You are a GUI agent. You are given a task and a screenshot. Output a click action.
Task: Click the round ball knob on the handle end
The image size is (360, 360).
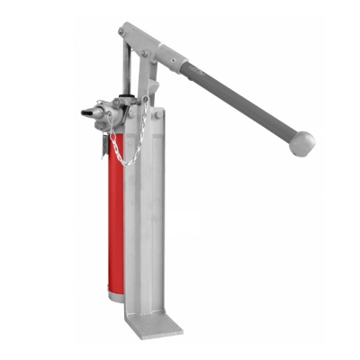point(303,142)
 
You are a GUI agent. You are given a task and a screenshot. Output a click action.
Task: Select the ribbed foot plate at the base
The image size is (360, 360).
point(154,323)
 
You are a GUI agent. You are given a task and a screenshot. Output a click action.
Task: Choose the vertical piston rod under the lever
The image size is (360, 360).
point(126,72)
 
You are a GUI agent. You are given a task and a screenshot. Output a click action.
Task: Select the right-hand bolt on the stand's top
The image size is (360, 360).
point(157,115)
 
